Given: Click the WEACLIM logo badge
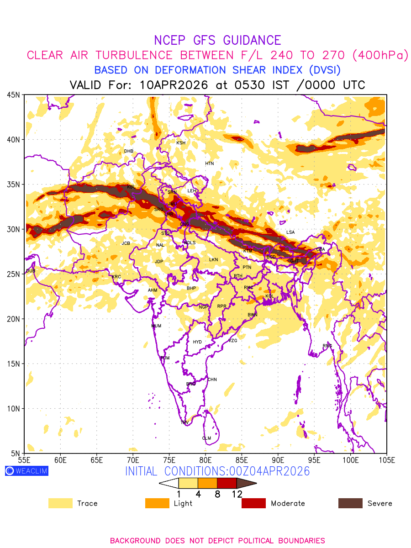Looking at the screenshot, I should (26, 471).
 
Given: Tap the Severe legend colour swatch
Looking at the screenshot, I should (350, 503).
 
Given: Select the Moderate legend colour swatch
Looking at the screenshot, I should (253, 503).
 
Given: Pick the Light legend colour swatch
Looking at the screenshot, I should (157, 503).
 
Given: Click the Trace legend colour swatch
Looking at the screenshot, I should (60, 503).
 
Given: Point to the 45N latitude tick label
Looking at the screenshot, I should (13, 95).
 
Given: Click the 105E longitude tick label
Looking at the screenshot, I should (387, 459).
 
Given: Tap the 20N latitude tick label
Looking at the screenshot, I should (13, 319).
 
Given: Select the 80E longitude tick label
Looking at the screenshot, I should (205, 459).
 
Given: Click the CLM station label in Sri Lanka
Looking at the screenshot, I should (206, 438).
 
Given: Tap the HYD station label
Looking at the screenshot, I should (197, 342).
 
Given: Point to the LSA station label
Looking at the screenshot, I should (290, 232).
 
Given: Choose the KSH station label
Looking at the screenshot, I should (181, 143).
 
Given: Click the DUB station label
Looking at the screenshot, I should (31, 271).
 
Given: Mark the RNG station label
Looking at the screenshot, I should (327, 346).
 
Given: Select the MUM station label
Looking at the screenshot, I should (156, 326).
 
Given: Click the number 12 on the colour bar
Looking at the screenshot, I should (237, 494).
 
